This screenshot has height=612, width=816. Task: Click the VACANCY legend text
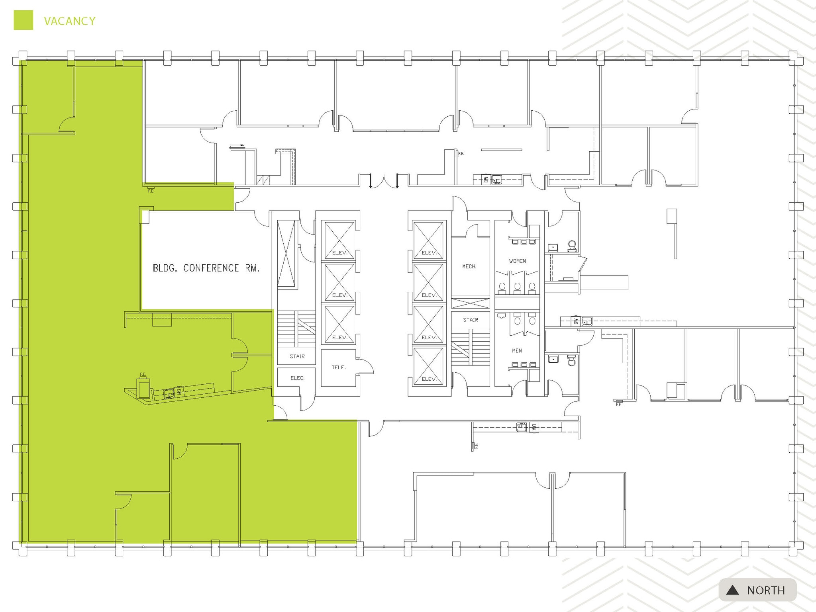click(70, 21)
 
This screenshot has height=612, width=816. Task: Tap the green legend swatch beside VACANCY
click(24, 20)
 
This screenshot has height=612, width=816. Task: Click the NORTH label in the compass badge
click(766, 590)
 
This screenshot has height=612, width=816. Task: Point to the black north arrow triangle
click(732, 590)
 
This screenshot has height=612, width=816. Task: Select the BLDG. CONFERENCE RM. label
click(206, 268)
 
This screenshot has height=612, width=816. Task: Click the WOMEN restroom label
click(517, 261)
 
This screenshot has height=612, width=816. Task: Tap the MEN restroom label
click(517, 351)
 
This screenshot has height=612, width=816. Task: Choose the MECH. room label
click(469, 266)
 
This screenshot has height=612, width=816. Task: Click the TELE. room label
click(339, 367)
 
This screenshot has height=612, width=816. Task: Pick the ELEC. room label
click(297, 378)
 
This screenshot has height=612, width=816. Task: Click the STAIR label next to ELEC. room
click(297, 356)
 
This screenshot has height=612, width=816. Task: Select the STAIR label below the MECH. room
click(471, 320)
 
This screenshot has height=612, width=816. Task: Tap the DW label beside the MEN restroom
click(575, 321)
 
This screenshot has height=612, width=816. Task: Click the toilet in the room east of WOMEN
click(572, 246)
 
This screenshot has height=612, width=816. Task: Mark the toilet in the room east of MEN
click(572, 361)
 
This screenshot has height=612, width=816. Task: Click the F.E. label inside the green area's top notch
click(151, 191)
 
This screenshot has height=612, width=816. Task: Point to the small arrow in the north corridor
click(238, 146)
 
